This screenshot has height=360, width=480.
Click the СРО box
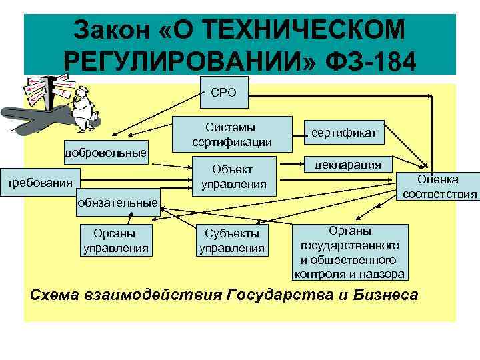point(223,93)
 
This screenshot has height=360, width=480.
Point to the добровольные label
point(105,154)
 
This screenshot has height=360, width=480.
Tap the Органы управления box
point(115,241)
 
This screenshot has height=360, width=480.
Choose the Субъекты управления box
point(232,241)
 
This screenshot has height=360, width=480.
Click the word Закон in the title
point(114,29)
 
